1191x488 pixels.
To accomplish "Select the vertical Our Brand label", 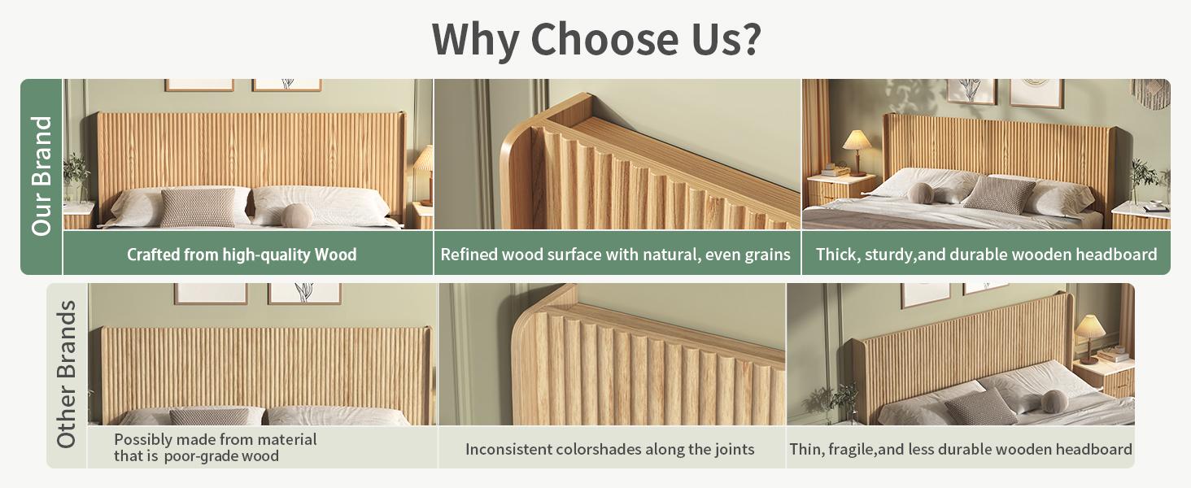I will pyautogui.click(x=41, y=176).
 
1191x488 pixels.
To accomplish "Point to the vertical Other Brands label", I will pyautogui.click(x=67, y=374).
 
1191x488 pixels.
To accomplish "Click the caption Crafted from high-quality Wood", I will pyautogui.click(x=242, y=255).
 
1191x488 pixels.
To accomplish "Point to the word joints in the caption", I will pyautogui.click(x=731, y=449).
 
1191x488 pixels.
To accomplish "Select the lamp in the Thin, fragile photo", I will pyautogui.click(x=1089, y=337).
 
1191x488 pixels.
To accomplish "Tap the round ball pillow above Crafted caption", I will pyautogui.click(x=297, y=215).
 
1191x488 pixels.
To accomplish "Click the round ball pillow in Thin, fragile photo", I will pyautogui.click(x=1055, y=400).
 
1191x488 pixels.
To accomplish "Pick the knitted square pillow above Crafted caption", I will pyautogui.click(x=198, y=207).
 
